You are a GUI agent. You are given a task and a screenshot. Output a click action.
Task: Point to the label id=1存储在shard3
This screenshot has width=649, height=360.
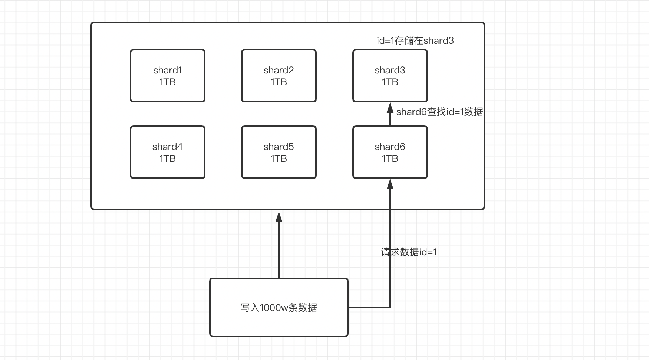[415, 40]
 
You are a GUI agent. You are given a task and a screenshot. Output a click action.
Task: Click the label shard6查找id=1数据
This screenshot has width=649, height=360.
[439, 112]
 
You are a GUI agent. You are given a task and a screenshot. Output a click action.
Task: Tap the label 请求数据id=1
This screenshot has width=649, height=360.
[409, 252]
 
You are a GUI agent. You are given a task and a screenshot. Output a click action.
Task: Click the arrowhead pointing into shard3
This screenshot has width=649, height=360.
[390, 108]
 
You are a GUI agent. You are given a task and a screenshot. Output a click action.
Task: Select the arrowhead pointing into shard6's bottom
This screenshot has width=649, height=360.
[390, 184]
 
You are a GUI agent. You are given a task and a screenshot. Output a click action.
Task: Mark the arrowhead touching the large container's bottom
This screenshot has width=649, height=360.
[279, 217]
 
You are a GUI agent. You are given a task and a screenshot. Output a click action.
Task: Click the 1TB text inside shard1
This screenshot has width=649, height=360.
[168, 82]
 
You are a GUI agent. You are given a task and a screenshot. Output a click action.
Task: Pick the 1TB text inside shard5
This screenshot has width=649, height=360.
[279, 159]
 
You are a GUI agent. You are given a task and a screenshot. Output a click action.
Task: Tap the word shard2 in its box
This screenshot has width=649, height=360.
[279, 70]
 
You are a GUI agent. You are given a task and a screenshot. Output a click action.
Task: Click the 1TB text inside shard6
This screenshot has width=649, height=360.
[390, 159]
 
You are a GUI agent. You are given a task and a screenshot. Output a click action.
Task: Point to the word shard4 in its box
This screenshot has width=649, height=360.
[168, 147]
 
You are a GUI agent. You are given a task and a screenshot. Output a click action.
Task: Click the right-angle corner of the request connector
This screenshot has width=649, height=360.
[390, 307]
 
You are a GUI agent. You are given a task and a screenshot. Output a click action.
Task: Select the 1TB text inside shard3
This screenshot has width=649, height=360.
[390, 82]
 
